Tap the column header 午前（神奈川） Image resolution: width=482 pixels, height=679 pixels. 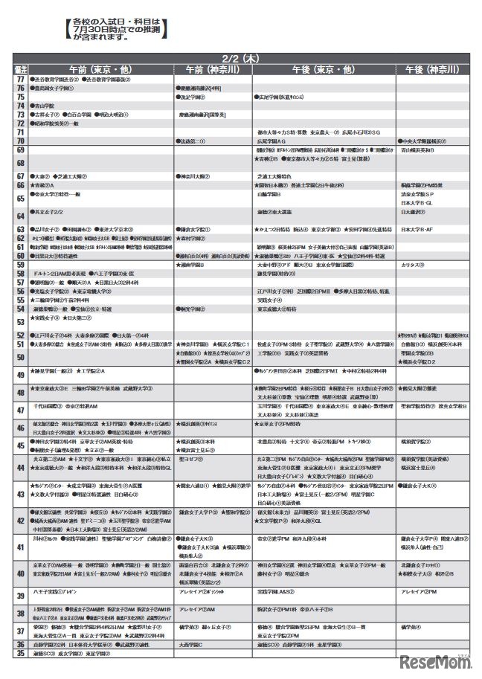(x=213, y=68)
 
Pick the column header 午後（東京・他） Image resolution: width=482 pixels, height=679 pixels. (x=324, y=68)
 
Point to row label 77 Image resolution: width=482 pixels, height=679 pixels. (x=20, y=79)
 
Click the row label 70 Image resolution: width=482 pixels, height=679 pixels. (x=20, y=140)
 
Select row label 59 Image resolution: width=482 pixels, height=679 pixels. (x=20, y=264)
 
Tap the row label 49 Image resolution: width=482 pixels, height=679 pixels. (x=20, y=373)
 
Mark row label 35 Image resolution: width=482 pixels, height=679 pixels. (x=20, y=654)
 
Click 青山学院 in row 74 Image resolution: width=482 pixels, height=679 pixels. (x=44, y=106)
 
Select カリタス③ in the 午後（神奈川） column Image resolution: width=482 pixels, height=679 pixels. (x=413, y=264)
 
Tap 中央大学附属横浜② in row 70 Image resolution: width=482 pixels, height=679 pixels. (x=424, y=140)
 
